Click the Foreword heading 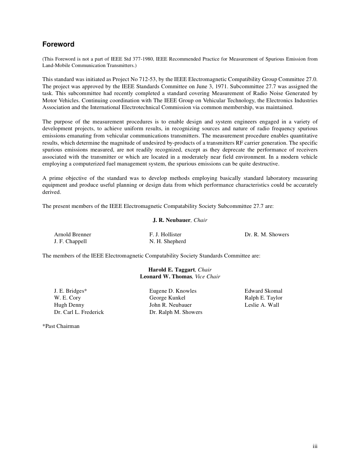(x=58, y=44)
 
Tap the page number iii (x=315, y=446)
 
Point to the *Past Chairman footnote (x=61, y=326)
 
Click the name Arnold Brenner (x=72, y=234)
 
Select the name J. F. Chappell (x=70, y=241)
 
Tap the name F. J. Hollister (x=165, y=234)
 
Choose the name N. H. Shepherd (x=167, y=241)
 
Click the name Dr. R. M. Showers (x=267, y=234)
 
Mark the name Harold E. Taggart (x=171, y=270)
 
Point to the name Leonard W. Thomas (x=166, y=276)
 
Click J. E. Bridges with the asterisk (x=70, y=291)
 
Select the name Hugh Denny (x=69, y=305)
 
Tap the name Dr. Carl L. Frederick (x=79, y=312)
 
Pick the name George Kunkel (x=167, y=298)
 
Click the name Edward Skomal (x=263, y=291)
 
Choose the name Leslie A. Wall (x=262, y=305)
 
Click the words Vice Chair (x=207, y=276)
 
